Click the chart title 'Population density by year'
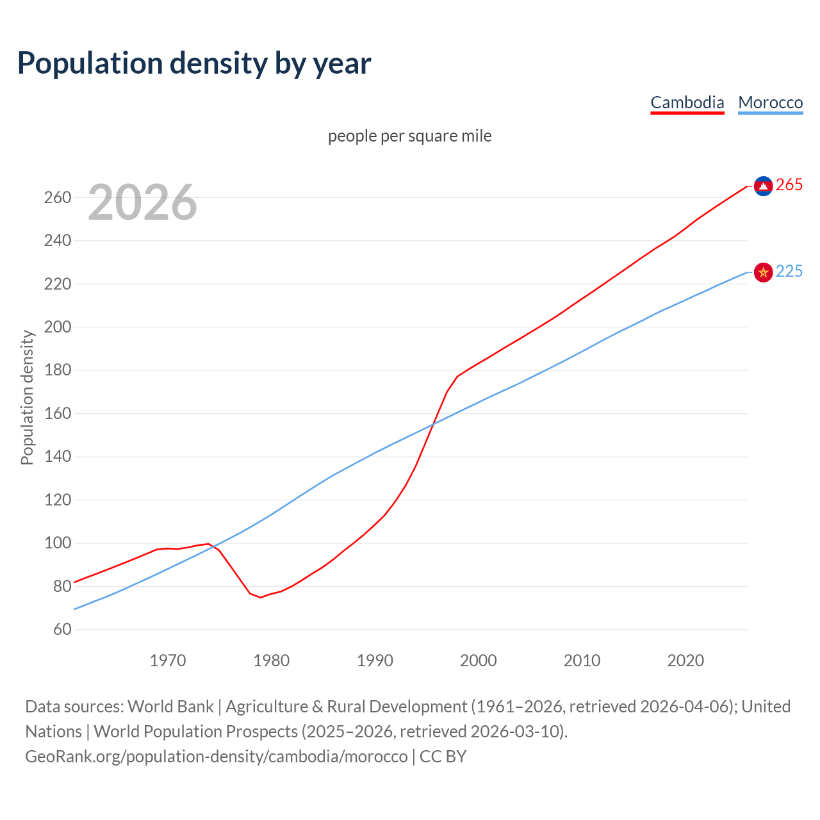point(194,63)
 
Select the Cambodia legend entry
point(687,102)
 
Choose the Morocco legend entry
point(770,102)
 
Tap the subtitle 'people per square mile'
point(409,136)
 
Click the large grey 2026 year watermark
point(142,202)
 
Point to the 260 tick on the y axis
point(58,197)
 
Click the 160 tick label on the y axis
point(58,414)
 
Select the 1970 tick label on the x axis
point(168,660)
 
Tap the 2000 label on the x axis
point(479,660)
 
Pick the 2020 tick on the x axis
point(685,660)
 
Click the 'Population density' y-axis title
point(27,397)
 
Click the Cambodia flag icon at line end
point(763,186)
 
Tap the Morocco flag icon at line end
point(763,272)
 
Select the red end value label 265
point(789,185)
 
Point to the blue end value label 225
point(789,272)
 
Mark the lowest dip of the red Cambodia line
point(260,597)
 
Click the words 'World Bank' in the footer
point(170,707)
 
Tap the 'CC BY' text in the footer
point(443,757)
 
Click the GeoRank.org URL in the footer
point(216,757)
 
